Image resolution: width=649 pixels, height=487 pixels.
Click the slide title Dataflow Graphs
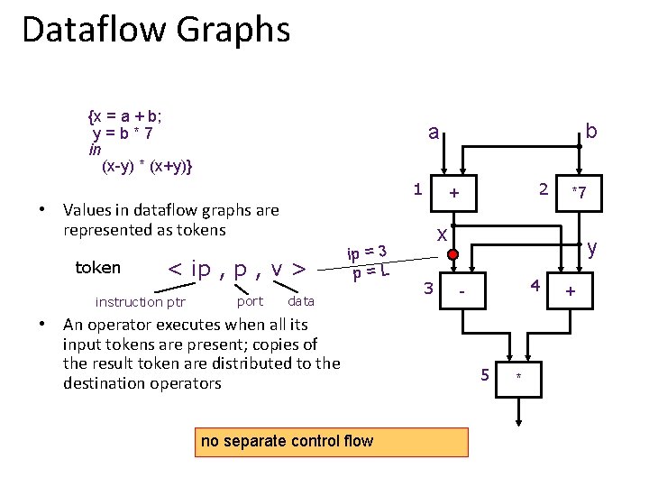156,29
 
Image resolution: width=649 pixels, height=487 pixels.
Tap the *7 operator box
579,192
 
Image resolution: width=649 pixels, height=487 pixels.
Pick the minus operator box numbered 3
462,292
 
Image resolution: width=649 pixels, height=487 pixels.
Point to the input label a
434,133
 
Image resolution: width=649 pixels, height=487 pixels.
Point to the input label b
590,132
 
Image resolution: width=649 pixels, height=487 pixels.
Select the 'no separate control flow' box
287,441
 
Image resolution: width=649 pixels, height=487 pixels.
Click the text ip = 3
368,251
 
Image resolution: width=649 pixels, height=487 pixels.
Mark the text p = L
371,270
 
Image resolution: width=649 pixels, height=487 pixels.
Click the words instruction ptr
141,302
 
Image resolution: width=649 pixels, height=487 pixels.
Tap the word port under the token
250,301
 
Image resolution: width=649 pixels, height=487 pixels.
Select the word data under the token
301,301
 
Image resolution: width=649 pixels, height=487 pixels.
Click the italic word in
96,150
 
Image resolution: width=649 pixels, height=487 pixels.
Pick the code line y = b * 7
123,133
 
